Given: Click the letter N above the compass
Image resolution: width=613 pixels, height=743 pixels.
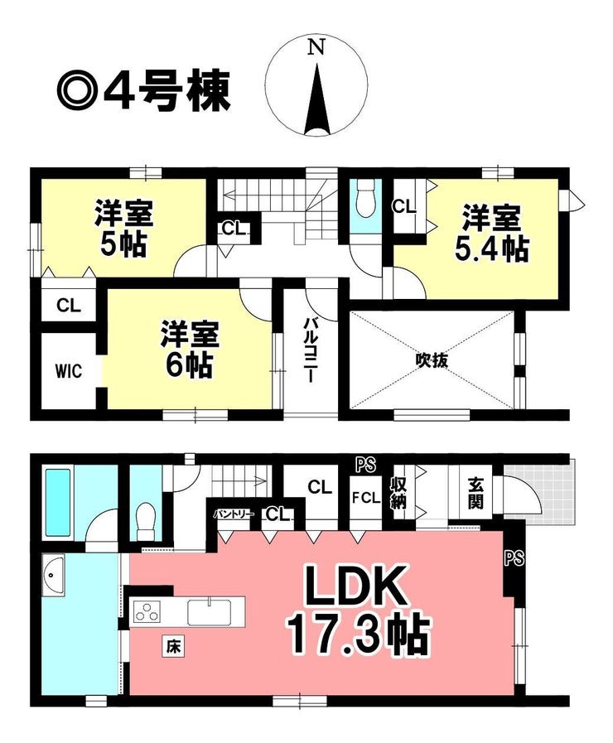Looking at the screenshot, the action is [316, 47].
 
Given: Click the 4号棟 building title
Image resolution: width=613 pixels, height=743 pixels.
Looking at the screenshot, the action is [168, 92].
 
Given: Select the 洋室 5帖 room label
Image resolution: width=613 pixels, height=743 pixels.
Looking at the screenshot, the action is [123, 228].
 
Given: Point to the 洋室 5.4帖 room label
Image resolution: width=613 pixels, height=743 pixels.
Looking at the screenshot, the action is [491, 233].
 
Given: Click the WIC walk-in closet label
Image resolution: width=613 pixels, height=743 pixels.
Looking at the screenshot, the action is [69, 370].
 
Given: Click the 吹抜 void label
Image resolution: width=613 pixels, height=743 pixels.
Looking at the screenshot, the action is [431, 361].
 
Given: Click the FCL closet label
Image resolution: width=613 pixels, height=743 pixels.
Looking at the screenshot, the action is [365, 498].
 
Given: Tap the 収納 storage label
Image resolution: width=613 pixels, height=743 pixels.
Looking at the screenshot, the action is [398, 494].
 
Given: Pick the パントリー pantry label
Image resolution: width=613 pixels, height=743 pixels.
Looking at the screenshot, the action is [234, 514].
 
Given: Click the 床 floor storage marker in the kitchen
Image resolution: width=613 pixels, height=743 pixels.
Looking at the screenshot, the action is [173, 646].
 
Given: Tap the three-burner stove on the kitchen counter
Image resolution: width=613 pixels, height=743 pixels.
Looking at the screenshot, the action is [147, 611].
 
